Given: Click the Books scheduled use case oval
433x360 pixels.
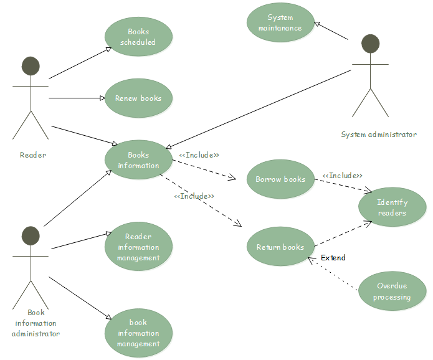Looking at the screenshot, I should [x=138, y=37].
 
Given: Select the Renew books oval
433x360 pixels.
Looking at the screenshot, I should [x=138, y=98].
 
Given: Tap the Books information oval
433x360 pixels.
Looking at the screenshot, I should [x=138, y=160].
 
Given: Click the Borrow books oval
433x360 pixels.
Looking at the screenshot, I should [x=280, y=179].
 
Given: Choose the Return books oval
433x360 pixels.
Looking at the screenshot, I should [x=280, y=247].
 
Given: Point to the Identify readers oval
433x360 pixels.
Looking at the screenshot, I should [x=393, y=207].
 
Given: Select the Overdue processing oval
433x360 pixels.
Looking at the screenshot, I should [x=392, y=291].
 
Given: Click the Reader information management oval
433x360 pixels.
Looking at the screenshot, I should [x=138, y=247].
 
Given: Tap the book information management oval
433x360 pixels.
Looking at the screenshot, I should [x=138, y=333].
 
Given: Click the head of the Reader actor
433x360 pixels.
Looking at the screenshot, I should [x=31, y=66].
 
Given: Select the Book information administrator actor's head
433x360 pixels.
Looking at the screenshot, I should [x=31, y=236].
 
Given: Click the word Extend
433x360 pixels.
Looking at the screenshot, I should [x=333, y=258].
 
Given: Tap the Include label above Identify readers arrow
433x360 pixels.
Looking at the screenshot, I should [x=342, y=176].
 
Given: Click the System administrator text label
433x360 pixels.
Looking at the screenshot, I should [x=378, y=135].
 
